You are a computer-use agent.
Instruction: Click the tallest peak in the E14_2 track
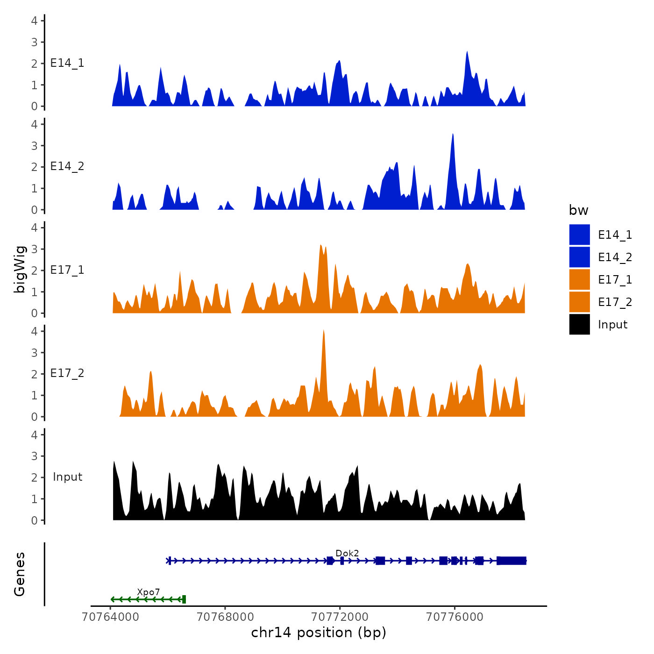pos(453,135)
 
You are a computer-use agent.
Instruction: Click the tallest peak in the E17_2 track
pos(323,331)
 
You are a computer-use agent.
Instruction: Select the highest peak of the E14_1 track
pos(467,53)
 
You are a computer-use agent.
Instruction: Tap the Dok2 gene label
pos(347,553)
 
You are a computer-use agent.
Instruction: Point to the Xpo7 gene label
pos(149,592)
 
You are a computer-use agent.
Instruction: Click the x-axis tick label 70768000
pos(225,617)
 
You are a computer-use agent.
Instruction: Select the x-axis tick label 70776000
pos(455,617)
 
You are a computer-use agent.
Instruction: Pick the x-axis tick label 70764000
pos(110,617)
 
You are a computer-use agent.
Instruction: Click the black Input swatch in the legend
pos(579,324)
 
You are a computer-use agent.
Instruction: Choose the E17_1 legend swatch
pos(579,279)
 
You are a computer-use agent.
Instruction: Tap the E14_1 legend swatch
pos(579,235)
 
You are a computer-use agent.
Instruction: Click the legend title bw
pos(578,210)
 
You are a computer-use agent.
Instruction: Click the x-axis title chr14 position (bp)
pos(319,633)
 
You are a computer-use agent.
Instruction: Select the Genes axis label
pos(20,574)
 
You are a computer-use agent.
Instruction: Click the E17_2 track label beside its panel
pos(67,373)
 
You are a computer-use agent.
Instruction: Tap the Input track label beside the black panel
pos(67,477)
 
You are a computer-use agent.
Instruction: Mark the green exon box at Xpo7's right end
pos(184,599)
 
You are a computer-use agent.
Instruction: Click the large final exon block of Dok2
pos(512,561)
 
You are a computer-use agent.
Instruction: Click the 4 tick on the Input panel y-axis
pos(34,435)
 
